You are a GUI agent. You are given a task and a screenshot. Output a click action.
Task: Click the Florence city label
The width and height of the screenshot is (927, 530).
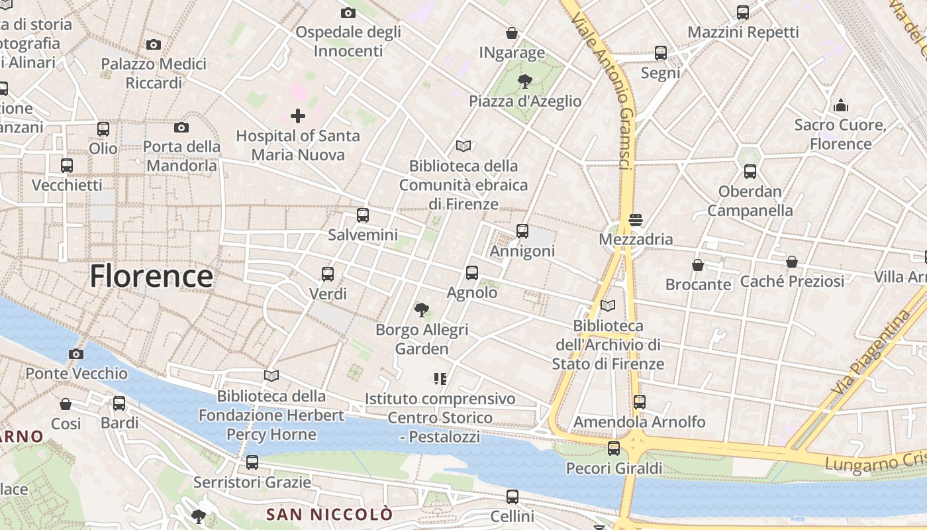coord(152,276)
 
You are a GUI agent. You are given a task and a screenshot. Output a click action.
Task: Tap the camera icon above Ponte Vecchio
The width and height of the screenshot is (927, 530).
coord(76,354)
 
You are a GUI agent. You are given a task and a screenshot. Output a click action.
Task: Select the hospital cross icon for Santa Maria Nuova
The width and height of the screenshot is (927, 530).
coord(298,116)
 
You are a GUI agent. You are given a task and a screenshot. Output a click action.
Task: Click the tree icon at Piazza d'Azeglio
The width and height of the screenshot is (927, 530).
coord(525,81)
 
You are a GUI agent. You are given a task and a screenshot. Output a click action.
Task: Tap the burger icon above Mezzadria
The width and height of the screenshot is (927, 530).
coord(636,219)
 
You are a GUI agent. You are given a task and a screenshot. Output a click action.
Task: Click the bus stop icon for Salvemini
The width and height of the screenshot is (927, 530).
coord(363,215)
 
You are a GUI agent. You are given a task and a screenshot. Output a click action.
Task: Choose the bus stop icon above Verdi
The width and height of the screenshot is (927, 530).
coord(327,274)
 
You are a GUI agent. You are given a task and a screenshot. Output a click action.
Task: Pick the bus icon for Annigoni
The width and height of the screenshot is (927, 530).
coord(522,231)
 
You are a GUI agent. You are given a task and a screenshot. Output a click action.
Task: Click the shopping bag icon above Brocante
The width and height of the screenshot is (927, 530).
coord(698,265)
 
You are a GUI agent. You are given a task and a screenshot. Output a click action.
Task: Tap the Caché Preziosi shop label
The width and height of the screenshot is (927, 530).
coord(792,281)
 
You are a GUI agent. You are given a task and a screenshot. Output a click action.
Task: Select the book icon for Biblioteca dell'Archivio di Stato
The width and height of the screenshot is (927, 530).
coord(608,305)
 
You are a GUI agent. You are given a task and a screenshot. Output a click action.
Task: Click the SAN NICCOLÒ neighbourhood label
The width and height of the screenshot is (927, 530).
coord(329,514)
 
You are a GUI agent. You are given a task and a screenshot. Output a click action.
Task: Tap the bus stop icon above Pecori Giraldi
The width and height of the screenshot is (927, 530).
coord(614,449)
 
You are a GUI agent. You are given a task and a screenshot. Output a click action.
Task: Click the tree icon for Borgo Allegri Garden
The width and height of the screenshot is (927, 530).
coord(421,309)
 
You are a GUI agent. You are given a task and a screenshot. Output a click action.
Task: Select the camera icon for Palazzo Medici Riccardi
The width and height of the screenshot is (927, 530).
coord(154,44)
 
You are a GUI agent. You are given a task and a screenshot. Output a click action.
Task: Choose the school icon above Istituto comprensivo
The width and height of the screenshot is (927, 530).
coord(440,379)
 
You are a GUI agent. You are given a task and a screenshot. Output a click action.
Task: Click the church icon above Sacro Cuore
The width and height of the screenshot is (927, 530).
coord(841,105)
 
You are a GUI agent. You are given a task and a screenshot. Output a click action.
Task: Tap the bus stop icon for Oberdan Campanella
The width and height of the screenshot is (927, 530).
coord(750,172)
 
